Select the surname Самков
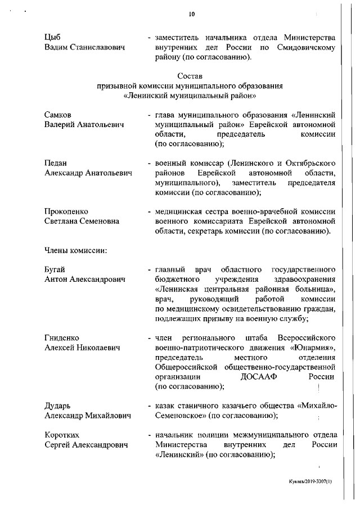point(59,115)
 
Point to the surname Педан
point(56,163)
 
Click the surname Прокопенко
point(66,211)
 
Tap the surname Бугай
point(55,269)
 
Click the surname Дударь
point(58,406)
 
